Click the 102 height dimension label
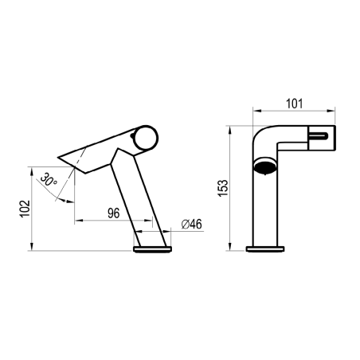[x=25, y=208]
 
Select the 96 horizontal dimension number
[x=114, y=213]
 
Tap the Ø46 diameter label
[x=191, y=225]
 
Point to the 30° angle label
[x=49, y=179]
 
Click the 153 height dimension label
[x=223, y=188]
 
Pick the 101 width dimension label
[x=294, y=104]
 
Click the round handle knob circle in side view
[x=145, y=138]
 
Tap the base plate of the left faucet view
[x=153, y=249]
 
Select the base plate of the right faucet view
[x=265, y=249]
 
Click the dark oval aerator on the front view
[x=265, y=166]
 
